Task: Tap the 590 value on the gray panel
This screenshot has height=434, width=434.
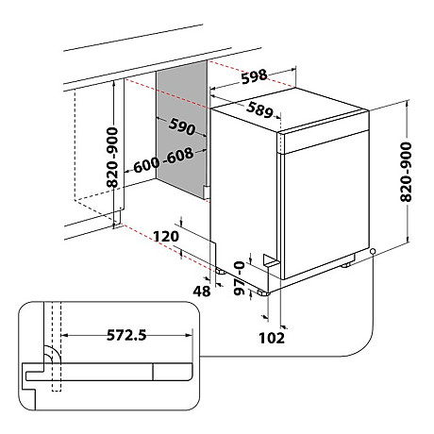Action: point(182,127)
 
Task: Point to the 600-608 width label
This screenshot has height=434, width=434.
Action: point(165,160)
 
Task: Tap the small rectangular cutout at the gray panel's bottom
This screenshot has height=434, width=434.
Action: point(204,191)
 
